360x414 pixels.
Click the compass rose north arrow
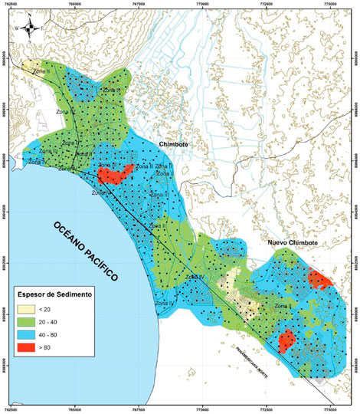coord(28,29)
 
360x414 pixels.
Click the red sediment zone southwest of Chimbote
coord(115,174)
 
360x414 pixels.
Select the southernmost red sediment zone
coord(287,339)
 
